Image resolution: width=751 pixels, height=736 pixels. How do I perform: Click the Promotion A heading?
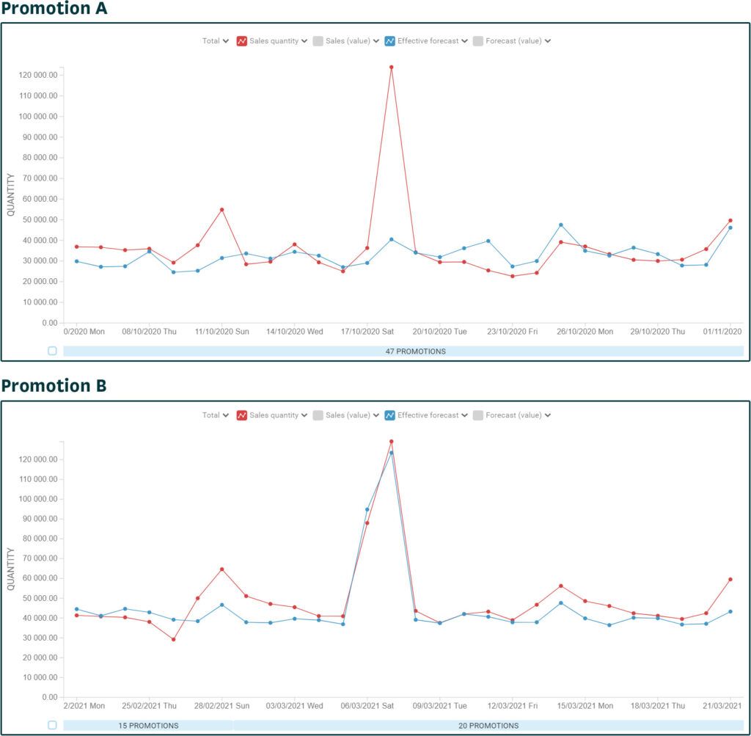click(x=54, y=10)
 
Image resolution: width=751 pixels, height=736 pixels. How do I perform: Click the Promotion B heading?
click(x=54, y=385)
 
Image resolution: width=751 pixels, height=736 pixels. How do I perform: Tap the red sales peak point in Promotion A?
click(x=391, y=68)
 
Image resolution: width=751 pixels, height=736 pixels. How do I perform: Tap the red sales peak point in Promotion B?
click(x=391, y=442)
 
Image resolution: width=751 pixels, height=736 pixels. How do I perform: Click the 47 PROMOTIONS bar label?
click(x=415, y=351)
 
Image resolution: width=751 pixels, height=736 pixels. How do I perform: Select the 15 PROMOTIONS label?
click(x=148, y=726)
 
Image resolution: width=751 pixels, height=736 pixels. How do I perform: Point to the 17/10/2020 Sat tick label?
click(x=367, y=332)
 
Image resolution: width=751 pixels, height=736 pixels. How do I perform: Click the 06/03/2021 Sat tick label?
click(x=367, y=706)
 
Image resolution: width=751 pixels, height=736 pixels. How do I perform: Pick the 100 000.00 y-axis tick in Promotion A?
click(x=39, y=116)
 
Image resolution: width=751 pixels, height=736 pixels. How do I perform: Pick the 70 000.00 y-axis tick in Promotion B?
click(x=39, y=558)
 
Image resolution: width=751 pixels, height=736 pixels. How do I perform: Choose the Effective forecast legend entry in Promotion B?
click(x=428, y=415)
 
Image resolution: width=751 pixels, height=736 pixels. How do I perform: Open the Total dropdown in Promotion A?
click(x=215, y=41)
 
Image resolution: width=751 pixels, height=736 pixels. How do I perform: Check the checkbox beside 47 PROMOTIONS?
click(x=52, y=351)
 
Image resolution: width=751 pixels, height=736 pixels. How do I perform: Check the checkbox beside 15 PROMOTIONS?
click(x=52, y=725)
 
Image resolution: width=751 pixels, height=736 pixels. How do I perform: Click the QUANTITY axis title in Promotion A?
click(x=10, y=194)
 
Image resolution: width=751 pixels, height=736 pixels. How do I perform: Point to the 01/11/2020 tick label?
click(x=723, y=332)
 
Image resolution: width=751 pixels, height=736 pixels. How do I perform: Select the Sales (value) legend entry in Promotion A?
click(x=347, y=41)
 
